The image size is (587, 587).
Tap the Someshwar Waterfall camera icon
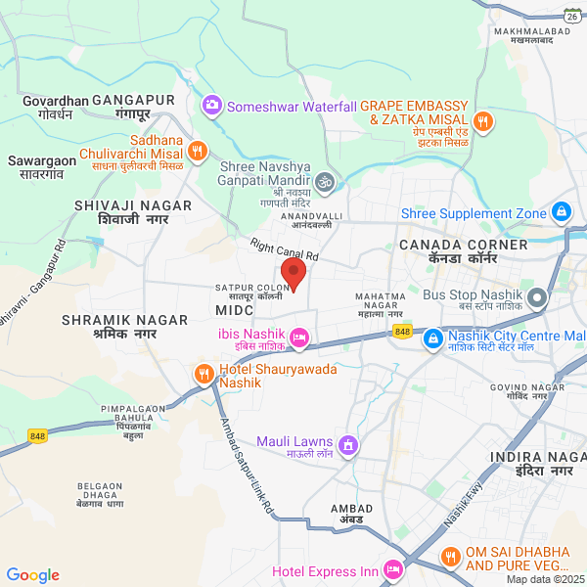(x=211, y=105)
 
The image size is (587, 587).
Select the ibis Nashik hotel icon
(x=300, y=339)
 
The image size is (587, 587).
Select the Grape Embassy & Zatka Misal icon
(x=482, y=121)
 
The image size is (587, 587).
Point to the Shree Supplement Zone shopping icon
(x=561, y=211)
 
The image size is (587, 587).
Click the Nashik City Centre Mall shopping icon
(x=432, y=339)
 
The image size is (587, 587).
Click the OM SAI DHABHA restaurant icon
(x=450, y=557)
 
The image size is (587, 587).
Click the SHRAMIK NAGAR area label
(x=109, y=320)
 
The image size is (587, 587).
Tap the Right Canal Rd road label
(x=284, y=250)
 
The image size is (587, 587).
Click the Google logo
(x=32, y=575)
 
